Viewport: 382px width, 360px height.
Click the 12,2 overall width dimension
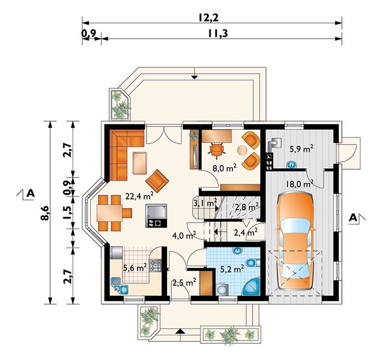point(207,17)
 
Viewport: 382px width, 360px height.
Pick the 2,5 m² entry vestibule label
point(184,282)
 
